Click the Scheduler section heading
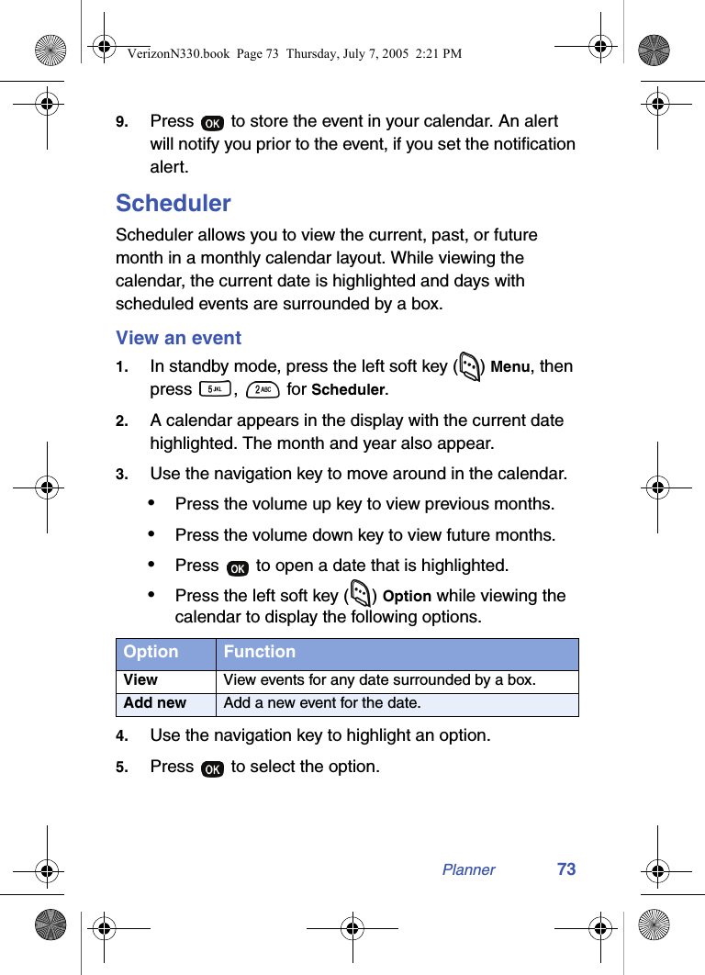[x=173, y=203]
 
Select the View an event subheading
[x=178, y=338]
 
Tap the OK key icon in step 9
[x=212, y=123]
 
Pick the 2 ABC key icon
[x=263, y=389]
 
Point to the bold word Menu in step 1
[x=509, y=367]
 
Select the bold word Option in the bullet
[x=407, y=597]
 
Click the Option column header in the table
[x=151, y=652]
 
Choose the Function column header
[x=260, y=652]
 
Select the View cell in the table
[x=140, y=680]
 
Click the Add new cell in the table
[x=155, y=703]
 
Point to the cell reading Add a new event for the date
[x=322, y=703]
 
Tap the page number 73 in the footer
[x=566, y=869]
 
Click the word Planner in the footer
[x=468, y=870]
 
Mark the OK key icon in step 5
[x=212, y=768]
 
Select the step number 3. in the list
[x=121, y=475]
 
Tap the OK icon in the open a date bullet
[x=237, y=567]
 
